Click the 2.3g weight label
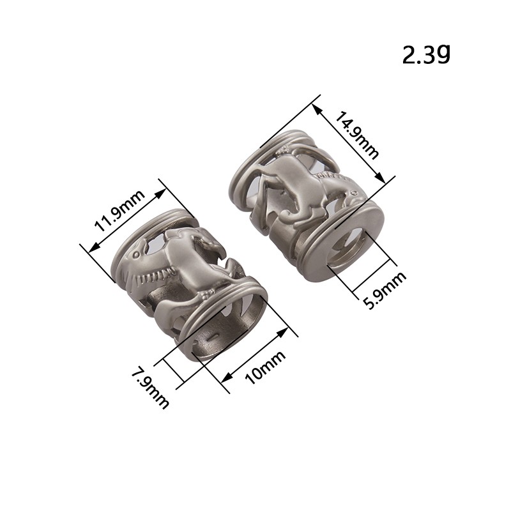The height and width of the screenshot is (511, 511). pos(426,54)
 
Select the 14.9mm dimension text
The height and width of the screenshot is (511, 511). pos(357,135)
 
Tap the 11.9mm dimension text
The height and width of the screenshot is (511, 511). pos(119,210)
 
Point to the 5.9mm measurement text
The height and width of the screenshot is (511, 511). pos(385,290)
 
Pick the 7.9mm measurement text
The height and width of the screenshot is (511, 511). pos(150,388)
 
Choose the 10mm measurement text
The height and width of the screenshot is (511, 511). pos(265,367)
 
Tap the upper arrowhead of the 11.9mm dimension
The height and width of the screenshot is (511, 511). pos(160,194)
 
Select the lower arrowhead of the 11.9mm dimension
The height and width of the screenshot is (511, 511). pos(93,247)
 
